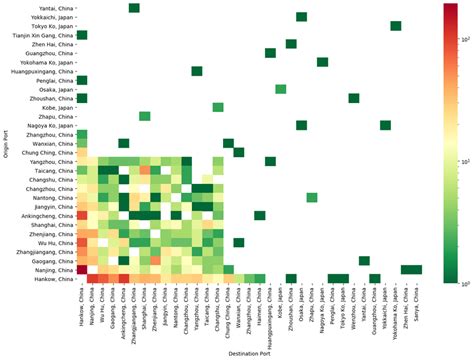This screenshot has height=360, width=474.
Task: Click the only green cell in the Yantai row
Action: (x=134, y=8)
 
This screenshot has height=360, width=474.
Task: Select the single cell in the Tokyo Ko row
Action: (x=396, y=26)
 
